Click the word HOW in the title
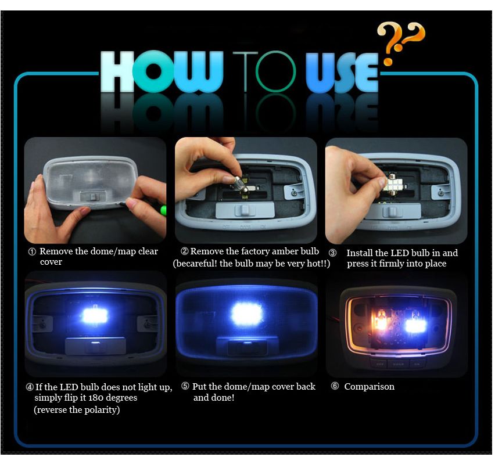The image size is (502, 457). pyautogui.click(x=162, y=71)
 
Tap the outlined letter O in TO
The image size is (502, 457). pyautogui.click(x=275, y=71)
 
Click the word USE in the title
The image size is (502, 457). pyautogui.click(x=342, y=73)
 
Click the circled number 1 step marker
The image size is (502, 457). pyautogui.click(x=32, y=252)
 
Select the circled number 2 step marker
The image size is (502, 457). pyautogui.click(x=185, y=251)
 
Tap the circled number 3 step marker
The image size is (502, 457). pyautogui.click(x=333, y=253)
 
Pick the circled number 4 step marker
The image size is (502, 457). pyautogui.click(x=30, y=387)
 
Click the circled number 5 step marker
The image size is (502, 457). pyautogui.click(x=185, y=386)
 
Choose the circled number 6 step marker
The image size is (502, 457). pyautogui.click(x=335, y=386)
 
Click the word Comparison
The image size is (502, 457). pyautogui.click(x=369, y=387)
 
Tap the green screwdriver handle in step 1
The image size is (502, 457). pyautogui.click(x=164, y=210)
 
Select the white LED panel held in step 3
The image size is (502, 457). pyautogui.click(x=393, y=183)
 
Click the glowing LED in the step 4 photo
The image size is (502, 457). pyautogui.click(x=95, y=316)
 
